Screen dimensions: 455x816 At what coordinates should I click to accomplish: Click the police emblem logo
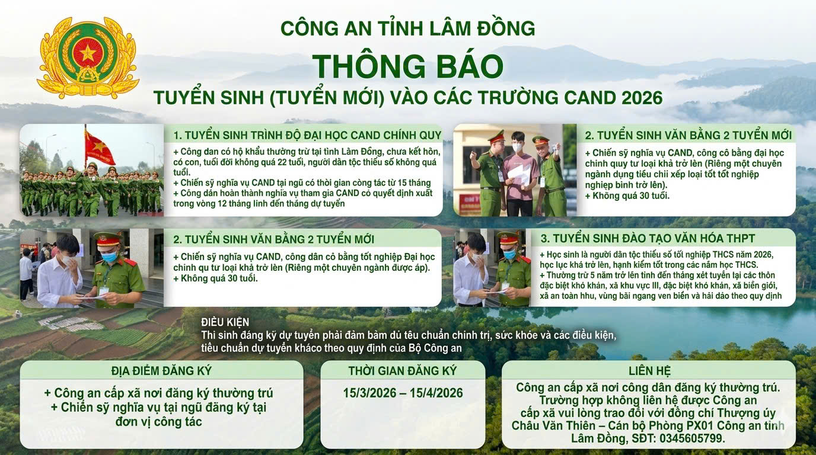88,58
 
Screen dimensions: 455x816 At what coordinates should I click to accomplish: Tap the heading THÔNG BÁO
407,66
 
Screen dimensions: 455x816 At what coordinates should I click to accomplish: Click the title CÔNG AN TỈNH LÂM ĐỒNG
407,28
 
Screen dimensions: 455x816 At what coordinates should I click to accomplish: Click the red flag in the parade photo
99,148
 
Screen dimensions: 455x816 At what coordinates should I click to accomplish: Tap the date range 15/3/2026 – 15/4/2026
403,393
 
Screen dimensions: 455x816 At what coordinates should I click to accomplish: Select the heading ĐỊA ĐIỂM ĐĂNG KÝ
161,371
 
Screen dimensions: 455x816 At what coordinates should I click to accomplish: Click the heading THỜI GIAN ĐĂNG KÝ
403,371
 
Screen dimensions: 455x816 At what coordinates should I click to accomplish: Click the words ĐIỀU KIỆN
225,322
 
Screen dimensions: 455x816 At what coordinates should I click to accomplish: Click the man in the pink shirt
520,172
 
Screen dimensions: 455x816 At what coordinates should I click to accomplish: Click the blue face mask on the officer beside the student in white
109,257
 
